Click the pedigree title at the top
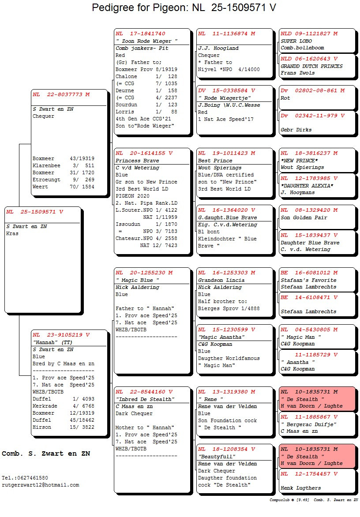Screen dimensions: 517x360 point(184,7)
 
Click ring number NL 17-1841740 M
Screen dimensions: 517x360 point(141,34)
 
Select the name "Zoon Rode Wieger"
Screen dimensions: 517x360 point(146,41)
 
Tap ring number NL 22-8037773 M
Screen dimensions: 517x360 point(61,94)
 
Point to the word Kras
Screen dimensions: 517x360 point(12,233)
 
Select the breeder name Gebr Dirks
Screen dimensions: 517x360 point(296,130)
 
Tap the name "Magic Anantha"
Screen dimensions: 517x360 point(221,337)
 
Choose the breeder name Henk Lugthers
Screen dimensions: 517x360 point(300,488)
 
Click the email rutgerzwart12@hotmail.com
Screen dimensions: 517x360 point(40,485)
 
